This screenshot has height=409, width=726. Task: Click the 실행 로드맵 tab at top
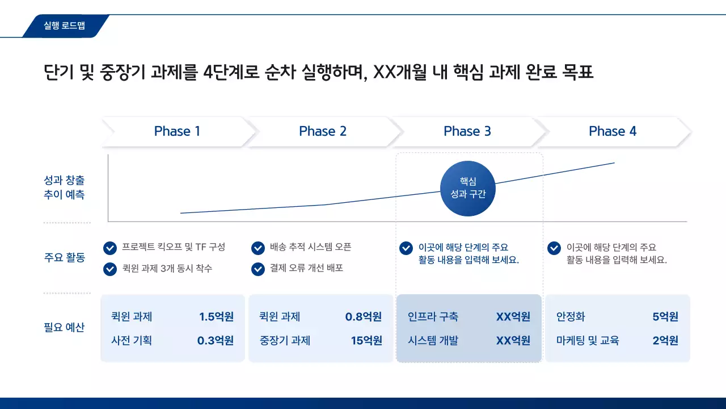click(x=64, y=26)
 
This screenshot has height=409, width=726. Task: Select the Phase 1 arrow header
click(x=177, y=131)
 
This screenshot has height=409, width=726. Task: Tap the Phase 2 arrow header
click(x=322, y=131)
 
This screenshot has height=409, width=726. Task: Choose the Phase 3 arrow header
click(x=467, y=131)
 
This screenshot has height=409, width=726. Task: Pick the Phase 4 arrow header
click(x=613, y=131)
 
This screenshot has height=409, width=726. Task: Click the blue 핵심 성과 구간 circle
click(x=467, y=188)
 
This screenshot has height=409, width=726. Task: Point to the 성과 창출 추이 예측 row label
click(x=64, y=187)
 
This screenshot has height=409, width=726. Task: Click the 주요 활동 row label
click(x=64, y=257)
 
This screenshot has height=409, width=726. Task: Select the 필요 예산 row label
click(x=64, y=327)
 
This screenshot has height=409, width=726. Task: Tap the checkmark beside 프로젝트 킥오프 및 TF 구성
click(x=110, y=248)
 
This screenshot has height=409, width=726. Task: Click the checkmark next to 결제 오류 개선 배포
click(x=258, y=269)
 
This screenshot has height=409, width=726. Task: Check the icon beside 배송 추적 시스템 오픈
click(x=258, y=248)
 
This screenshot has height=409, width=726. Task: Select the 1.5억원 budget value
click(x=216, y=316)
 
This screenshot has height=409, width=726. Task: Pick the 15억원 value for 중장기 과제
click(x=366, y=341)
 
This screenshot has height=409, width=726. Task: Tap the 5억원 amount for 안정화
click(x=665, y=316)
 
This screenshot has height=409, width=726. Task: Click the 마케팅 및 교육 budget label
click(x=588, y=341)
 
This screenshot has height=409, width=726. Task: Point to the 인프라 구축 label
click(x=433, y=316)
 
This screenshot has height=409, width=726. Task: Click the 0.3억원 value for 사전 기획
click(x=216, y=341)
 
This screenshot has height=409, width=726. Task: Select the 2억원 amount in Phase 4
click(x=665, y=341)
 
